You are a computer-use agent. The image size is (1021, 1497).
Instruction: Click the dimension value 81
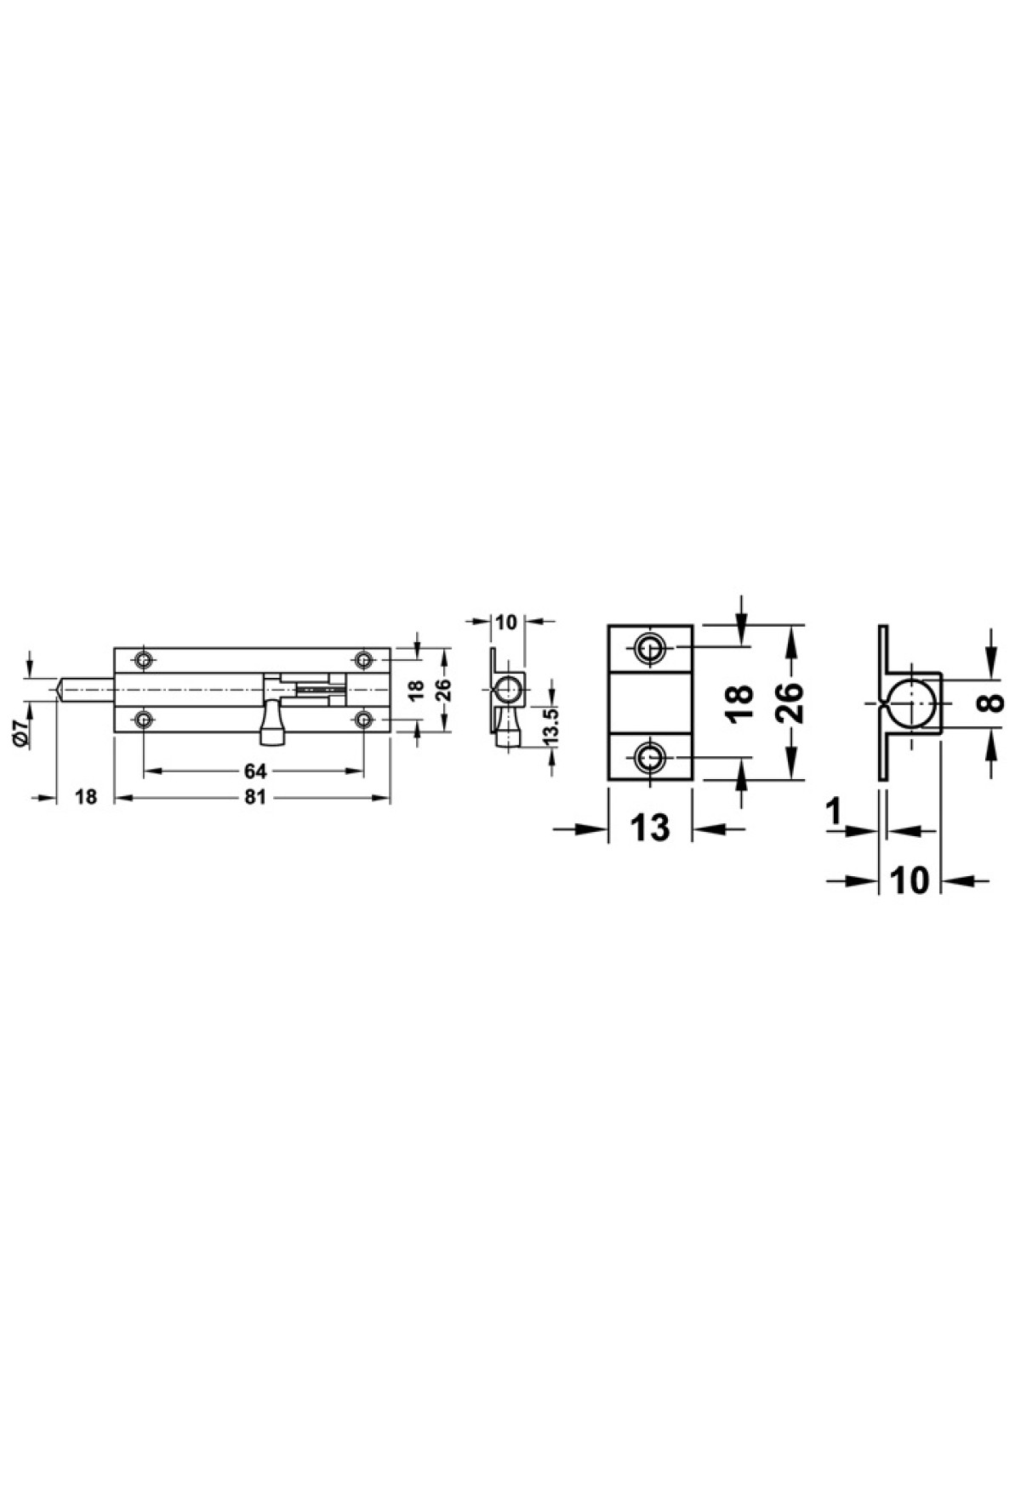(255, 797)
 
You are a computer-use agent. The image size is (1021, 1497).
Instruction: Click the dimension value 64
(255, 771)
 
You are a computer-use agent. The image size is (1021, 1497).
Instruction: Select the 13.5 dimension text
(550, 724)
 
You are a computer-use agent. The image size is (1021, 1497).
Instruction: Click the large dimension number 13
(651, 828)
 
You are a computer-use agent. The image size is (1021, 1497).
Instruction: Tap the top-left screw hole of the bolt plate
(144, 659)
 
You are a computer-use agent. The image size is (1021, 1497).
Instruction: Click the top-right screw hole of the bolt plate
(364, 659)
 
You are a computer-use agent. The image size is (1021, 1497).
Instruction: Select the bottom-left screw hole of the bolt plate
(144, 720)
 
